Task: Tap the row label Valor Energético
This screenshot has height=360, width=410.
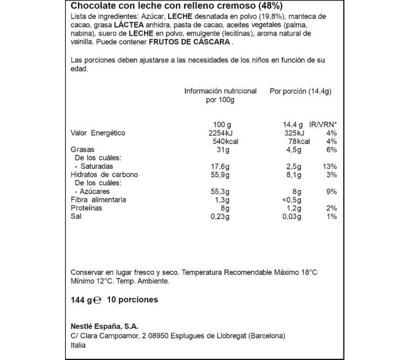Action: [98, 133]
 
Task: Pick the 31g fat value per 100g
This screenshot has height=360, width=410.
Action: [220, 150]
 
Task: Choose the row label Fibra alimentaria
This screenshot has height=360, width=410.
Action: [98, 200]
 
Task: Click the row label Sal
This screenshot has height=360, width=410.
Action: [76, 216]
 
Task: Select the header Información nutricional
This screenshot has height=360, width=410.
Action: [220, 91]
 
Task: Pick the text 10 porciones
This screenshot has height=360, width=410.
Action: [133, 300]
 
